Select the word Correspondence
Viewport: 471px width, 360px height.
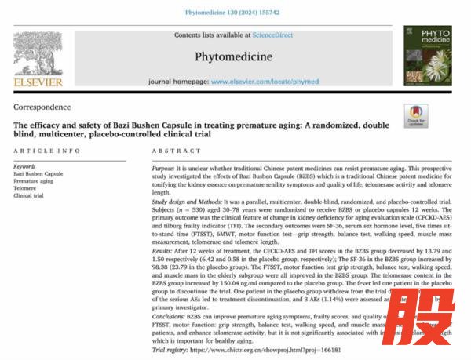[42, 107]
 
